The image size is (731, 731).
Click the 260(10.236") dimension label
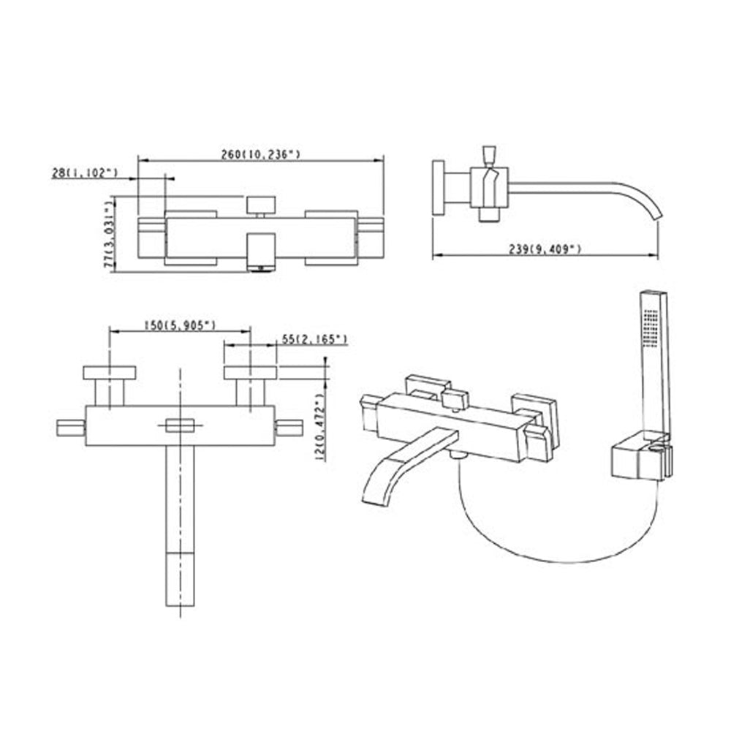coord(261,154)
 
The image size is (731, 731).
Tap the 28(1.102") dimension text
coord(85,172)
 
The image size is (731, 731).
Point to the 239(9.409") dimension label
coord(545,249)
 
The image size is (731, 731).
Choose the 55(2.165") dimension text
coord(314,339)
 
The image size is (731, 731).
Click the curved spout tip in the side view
coord(656,212)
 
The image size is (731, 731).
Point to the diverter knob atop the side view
coord(489,156)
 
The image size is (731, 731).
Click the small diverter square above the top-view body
coord(261,204)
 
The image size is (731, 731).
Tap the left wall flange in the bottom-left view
coord(110,373)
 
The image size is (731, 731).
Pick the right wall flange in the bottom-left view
coord(250,373)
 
